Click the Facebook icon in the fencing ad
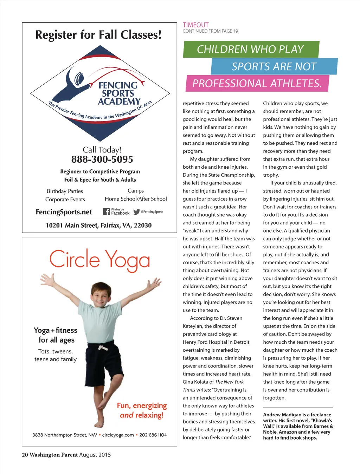click(x=107, y=212)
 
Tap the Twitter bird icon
click(x=136, y=212)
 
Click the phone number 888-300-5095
click(x=102, y=160)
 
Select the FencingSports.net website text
click(x=64, y=212)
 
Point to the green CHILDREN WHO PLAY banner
click(x=250, y=49)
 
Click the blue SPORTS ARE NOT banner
click(x=274, y=66)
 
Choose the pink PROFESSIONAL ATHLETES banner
click(x=257, y=84)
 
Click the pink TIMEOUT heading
click(x=195, y=25)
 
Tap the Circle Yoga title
click(x=99, y=260)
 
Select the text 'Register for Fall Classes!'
click(x=98, y=35)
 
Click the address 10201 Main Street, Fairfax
click(x=98, y=225)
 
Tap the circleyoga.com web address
click(x=118, y=435)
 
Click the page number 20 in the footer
click(x=25, y=455)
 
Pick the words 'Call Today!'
click(x=102, y=150)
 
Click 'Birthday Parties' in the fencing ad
click(x=65, y=191)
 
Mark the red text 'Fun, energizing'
click(x=142, y=405)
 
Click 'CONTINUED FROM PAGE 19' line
click(x=210, y=31)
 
